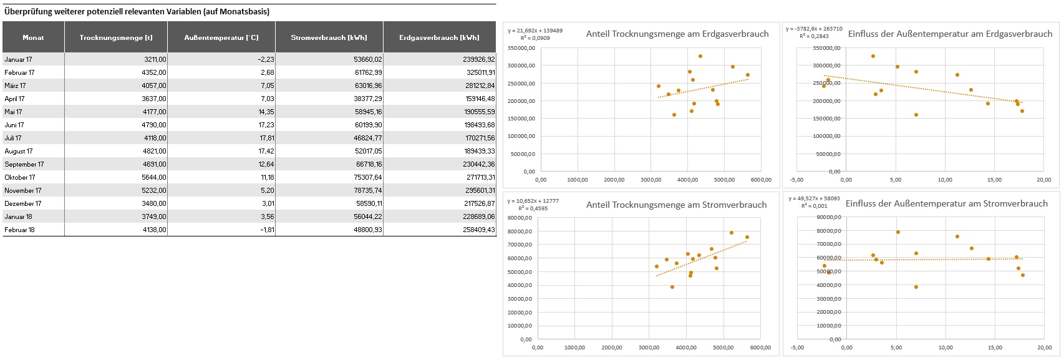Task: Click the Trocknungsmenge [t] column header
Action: (x=116, y=37)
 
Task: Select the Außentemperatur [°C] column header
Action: (x=221, y=37)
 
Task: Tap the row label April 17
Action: (x=15, y=99)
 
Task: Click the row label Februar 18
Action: (x=20, y=230)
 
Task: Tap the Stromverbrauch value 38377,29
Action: (x=367, y=99)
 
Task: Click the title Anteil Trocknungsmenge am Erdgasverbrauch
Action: (x=677, y=34)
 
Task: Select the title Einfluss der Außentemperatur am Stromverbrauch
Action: (x=946, y=204)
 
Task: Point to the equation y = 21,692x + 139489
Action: (x=535, y=31)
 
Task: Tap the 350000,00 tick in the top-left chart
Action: (x=522, y=48)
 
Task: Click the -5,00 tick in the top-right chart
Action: (x=796, y=180)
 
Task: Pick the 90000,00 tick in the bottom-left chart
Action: (x=520, y=218)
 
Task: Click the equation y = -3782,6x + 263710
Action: (x=814, y=29)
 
